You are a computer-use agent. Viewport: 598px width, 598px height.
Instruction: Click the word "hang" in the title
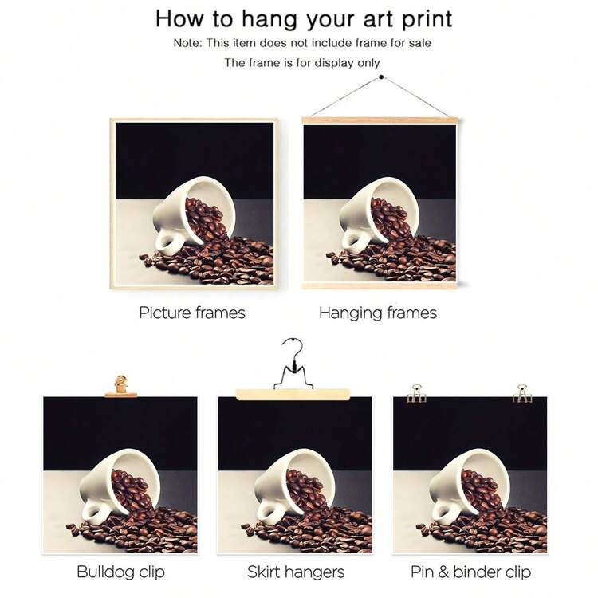pos(269,19)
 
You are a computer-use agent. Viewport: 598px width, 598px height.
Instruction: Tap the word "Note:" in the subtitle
pos(187,43)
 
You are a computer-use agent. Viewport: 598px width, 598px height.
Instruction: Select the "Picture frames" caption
pos(192,313)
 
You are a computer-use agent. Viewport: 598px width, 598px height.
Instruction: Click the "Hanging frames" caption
pos(378,313)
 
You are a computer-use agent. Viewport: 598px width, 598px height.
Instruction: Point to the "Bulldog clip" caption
pos(121,572)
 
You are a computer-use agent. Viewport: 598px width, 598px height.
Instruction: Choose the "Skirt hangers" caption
pos(296,572)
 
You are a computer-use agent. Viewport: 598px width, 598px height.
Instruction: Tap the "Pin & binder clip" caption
pos(470,572)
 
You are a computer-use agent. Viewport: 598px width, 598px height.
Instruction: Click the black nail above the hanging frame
pos(381,77)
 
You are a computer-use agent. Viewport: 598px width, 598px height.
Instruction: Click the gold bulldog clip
pos(121,386)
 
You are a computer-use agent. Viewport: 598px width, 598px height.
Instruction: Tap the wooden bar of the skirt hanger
pos(293,395)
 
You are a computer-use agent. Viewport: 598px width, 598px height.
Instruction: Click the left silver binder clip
pos(416,394)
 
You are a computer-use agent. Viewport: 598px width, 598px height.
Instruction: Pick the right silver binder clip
pos(521,394)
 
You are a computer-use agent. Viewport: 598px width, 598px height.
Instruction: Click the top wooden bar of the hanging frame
pos(380,120)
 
